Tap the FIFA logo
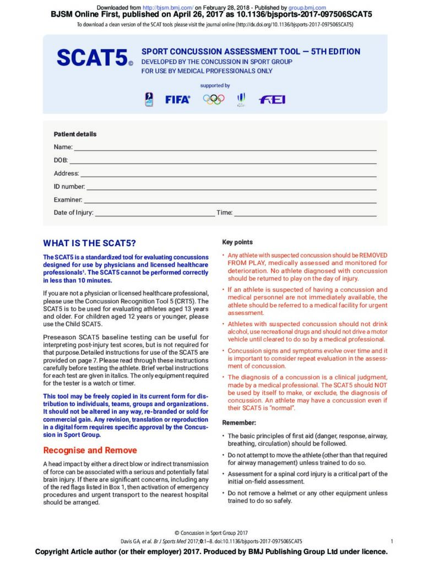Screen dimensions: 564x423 click(x=177, y=100)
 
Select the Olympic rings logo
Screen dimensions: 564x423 click(x=214, y=99)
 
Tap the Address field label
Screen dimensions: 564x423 click(x=66, y=173)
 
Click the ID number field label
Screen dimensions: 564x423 click(x=69, y=187)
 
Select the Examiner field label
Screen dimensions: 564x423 click(x=68, y=199)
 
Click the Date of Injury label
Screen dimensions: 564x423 click(x=73, y=213)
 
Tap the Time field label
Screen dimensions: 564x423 click(x=224, y=213)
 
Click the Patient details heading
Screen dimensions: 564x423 click(x=75, y=134)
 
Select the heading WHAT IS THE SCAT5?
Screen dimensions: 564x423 click(x=89, y=243)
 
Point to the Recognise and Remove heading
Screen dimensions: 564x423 click(x=90, y=450)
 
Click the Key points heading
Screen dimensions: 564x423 click(x=237, y=242)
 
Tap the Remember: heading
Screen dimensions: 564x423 click(x=239, y=422)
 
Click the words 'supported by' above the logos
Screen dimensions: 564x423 click(x=215, y=86)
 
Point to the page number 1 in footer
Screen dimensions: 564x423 click(x=391, y=541)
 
